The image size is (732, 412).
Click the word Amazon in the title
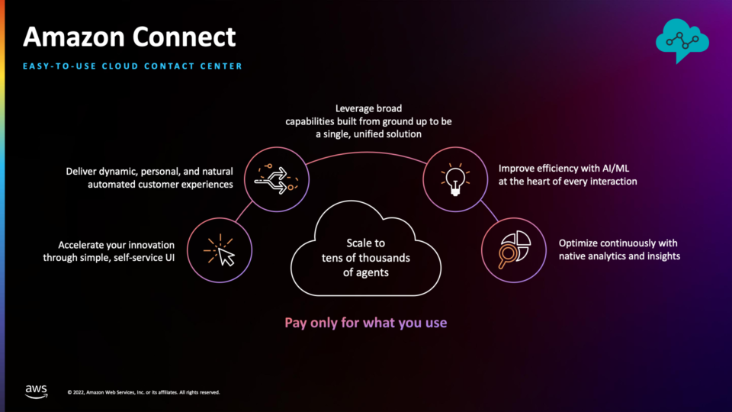(74, 37)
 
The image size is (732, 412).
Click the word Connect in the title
(184, 37)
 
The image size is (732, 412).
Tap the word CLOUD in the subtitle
(120, 66)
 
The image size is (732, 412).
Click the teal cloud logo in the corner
(682, 40)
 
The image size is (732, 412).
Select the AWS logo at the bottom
(37, 391)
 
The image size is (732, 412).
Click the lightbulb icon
(455, 179)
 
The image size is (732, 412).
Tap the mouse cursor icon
(220, 250)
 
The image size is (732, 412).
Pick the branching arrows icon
(276, 179)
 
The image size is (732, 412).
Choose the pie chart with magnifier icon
(514, 250)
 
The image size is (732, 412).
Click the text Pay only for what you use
(366, 323)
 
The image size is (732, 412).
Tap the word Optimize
(578, 243)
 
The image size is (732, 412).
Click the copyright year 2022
(79, 392)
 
